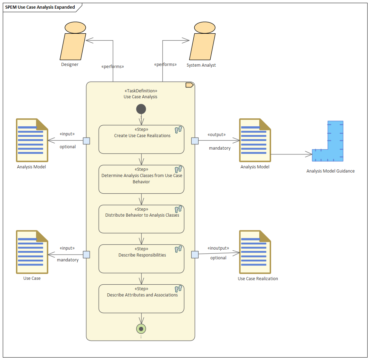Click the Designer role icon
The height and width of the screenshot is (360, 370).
coord(73,42)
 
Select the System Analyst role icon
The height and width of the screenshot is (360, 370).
coord(202,42)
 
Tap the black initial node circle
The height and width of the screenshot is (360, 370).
coord(141,109)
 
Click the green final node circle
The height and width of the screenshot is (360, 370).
coord(141,329)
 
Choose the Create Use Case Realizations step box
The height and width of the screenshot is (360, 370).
coord(141,140)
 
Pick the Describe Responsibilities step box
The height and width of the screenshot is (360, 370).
coord(141,259)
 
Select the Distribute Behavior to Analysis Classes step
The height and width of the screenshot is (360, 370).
coord(141,219)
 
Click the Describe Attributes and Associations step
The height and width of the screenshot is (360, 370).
coord(141,299)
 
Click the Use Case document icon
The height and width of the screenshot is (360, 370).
coord(32,252)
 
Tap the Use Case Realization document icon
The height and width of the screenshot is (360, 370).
coord(255,252)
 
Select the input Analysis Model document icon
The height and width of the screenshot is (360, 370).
coord(32,140)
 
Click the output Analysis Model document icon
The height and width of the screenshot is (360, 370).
coord(255,140)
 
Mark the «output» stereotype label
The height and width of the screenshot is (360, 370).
coord(216,135)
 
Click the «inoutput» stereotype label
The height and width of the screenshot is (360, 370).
coord(218,248)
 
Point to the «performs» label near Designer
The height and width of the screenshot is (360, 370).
coord(112,66)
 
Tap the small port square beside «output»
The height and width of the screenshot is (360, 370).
coord(195,141)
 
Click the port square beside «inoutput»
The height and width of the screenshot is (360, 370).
coord(195,255)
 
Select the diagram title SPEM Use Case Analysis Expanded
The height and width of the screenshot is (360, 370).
coord(40,7)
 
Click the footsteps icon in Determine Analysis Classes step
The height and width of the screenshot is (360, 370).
coord(178,169)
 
